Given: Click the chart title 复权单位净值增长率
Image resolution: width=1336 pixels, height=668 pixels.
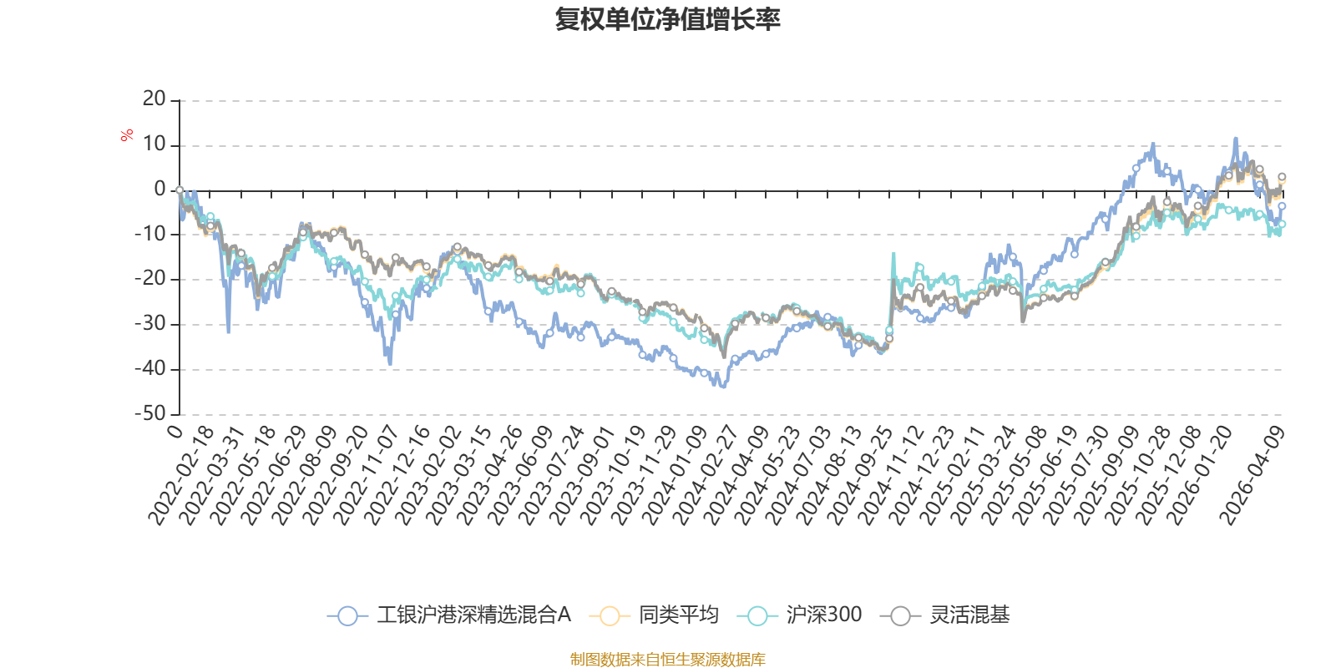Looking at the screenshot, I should (667, 19).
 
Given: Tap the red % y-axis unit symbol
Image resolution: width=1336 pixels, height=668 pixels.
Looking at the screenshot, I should (127, 134).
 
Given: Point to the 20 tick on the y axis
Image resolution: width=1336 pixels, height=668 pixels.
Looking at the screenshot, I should (154, 99).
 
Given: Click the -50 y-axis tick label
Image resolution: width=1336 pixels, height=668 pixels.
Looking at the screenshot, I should (150, 413).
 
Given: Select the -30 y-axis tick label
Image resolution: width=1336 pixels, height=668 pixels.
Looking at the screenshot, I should (150, 323).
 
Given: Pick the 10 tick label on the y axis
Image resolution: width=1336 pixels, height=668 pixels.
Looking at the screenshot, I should (154, 144).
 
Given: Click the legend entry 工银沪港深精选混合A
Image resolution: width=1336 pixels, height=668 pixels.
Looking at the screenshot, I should (473, 615).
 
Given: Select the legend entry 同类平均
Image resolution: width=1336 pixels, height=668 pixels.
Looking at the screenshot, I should (678, 615).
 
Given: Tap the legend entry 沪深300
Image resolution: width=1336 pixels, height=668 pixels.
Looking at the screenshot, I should (823, 615).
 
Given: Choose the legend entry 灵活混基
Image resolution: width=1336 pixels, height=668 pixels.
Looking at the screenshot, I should (969, 615).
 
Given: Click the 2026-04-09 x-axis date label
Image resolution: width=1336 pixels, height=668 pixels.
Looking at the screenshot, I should (1252, 474).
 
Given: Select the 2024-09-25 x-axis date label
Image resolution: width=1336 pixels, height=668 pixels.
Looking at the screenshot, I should (861, 474).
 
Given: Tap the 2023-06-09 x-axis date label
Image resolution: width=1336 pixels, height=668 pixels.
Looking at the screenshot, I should (520, 474).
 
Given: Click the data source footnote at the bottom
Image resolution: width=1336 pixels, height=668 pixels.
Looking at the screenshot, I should (667, 660).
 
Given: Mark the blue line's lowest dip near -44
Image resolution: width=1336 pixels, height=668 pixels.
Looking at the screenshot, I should (723, 387).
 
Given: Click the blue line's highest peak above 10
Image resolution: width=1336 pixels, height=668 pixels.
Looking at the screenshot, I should (1236, 139).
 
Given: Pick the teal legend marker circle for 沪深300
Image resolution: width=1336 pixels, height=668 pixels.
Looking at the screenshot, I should (757, 616).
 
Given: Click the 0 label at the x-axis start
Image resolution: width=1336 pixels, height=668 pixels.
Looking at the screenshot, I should (175, 431).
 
